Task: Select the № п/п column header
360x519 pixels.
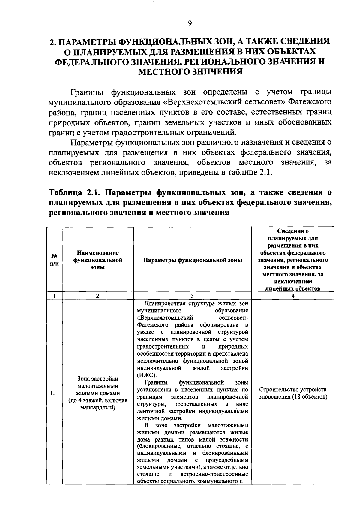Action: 54,260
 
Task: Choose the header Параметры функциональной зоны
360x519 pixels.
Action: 192,260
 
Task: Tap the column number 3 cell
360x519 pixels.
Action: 192,296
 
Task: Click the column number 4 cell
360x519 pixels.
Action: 293,296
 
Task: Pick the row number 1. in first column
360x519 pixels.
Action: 52,393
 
